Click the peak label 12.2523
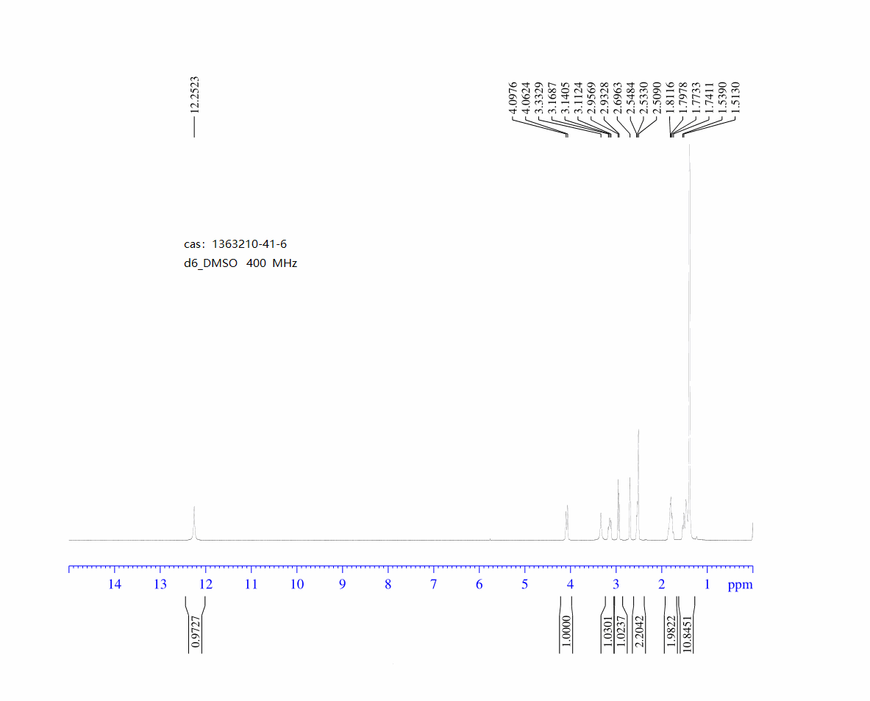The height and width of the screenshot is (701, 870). [x=194, y=95]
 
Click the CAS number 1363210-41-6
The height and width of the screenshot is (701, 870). [x=249, y=244]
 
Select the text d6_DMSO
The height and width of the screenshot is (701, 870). [x=211, y=263]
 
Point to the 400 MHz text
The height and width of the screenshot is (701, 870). [x=272, y=263]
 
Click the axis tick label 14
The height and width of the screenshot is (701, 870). [x=114, y=585]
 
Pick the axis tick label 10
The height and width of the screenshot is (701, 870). [x=297, y=585]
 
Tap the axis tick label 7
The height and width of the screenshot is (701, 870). [x=433, y=585]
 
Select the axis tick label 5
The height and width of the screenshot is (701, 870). [x=524, y=585]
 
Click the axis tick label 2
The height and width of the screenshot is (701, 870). [x=661, y=585]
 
